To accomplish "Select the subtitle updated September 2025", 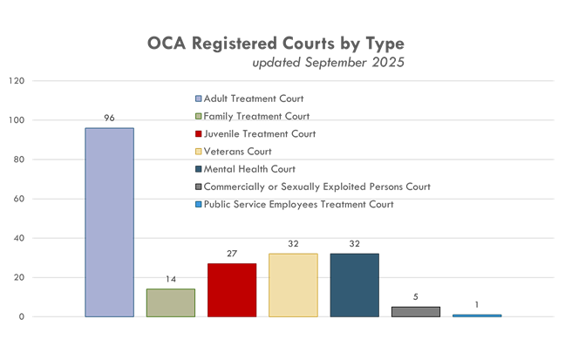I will point(329,63).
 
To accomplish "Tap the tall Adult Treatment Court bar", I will point(109,222).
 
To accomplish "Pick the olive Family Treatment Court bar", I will point(170,302).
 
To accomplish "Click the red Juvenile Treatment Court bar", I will point(232,289).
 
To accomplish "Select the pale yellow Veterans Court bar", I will point(293,284).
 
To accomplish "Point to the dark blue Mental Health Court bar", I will point(354,284).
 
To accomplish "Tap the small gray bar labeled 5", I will point(416,311).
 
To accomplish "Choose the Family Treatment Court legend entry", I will point(255,116).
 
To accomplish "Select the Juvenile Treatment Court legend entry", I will point(258,134).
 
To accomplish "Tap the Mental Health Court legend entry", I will point(248,169).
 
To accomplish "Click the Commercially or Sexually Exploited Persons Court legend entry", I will point(317,187).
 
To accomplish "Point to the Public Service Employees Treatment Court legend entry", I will point(298,205).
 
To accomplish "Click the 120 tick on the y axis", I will point(16,81).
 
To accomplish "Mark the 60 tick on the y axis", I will point(18,199).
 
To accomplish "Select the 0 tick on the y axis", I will point(21,316).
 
